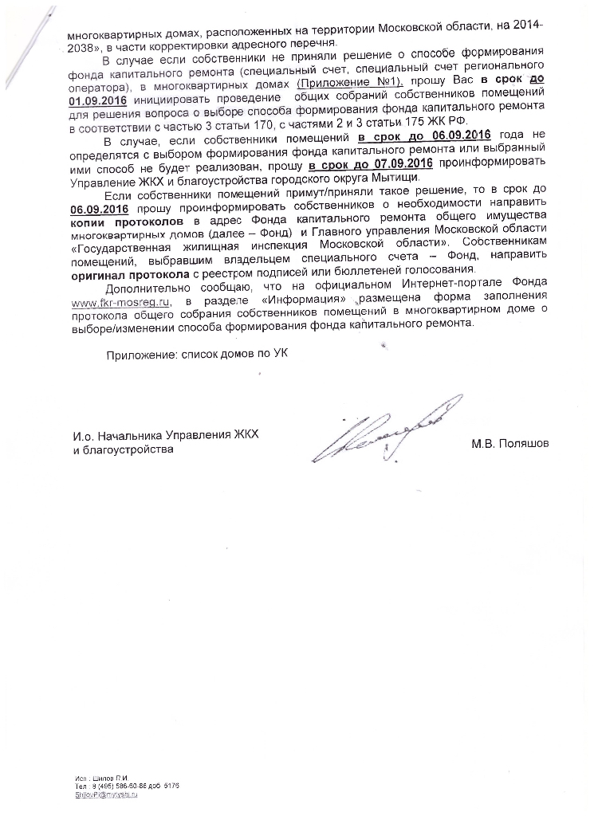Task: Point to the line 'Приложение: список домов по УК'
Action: click(x=198, y=355)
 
